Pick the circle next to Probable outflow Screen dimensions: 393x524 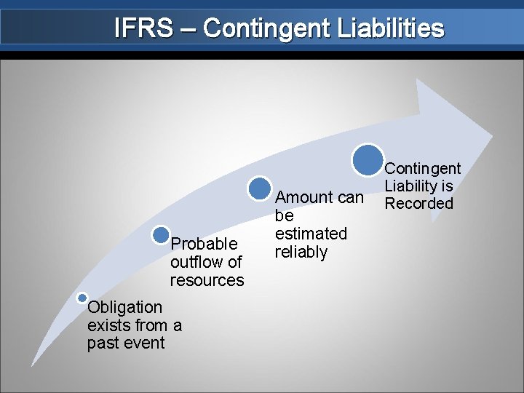[x=162, y=234]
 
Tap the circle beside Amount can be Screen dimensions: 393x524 [x=259, y=188]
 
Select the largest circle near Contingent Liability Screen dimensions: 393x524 [x=368, y=159]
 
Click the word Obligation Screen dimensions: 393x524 [x=124, y=307]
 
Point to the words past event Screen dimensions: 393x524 [x=126, y=343]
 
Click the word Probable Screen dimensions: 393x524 [x=204, y=243]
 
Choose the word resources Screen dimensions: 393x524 [x=207, y=280]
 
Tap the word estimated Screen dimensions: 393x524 [x=311, y=234]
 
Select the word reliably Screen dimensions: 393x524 [x=301, y=252]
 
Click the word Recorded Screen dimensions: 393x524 [x=418, y=204]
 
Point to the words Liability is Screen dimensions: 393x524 [x=418, y=186]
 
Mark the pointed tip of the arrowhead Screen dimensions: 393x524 [x=492, y=137]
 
